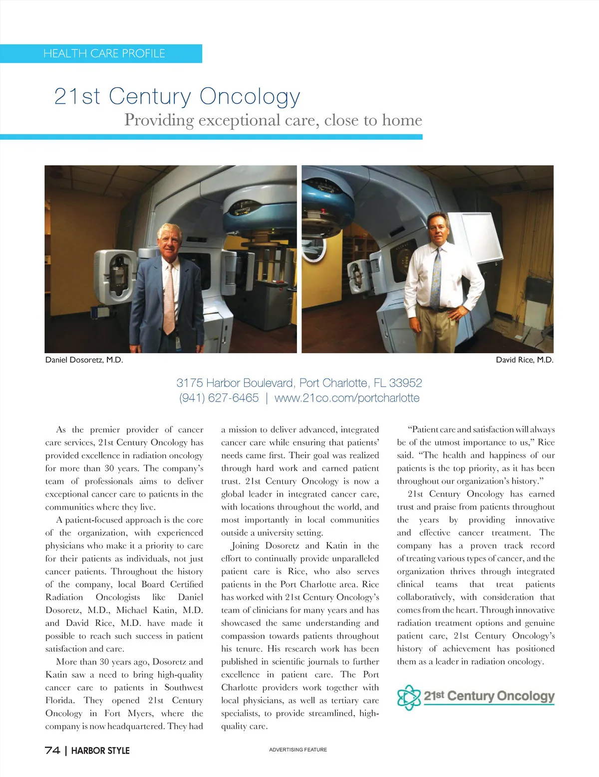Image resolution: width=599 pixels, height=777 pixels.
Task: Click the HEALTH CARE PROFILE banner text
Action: pyautogui.click(x=104, y=53)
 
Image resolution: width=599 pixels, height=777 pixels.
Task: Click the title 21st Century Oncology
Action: pyautogui.click(x=177, y=96)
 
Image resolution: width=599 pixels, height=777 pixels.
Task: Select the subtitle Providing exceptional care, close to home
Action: pyautogui.click(x=273, y=120)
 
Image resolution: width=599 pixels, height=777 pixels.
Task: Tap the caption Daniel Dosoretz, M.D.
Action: pyautogui.click(x=84, y=360)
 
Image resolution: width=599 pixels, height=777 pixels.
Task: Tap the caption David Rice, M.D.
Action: pyautogui.click(x=524, y=360)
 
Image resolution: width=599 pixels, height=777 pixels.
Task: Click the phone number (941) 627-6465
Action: pyautogui.click(x=219, y=398)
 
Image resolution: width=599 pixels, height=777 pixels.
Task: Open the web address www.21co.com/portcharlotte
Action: pyautogui.click(x=347, y=398)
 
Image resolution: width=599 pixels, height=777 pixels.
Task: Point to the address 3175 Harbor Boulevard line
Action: pyautogui.click(x=299, y=383)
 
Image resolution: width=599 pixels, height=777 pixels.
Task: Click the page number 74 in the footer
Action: pyautogui.click(x=52, y=750)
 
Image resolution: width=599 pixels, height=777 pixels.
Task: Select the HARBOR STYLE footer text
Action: pyautogui.click(x=100, y=751)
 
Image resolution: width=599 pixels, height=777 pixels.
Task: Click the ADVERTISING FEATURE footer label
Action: pyautogui.click(x=298, y=750)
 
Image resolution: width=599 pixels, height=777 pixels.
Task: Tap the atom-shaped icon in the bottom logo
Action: pyautogui.click(x=409, y=697)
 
